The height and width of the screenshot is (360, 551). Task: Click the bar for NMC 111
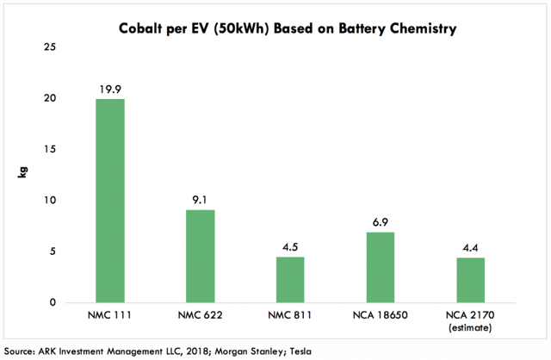(x=110, y=201)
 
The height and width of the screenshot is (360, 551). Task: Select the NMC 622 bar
(x=201, y=256)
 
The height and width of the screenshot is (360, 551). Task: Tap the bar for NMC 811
(x=290, y=279)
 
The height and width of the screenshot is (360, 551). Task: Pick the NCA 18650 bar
(x=380, y=267)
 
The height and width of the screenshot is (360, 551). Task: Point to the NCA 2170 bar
(x=469, y=280)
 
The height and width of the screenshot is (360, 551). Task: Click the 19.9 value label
(x=110, y=88)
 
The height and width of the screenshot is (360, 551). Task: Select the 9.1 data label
(x=201, y=198)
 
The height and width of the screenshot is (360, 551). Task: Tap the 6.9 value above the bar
(x=380, y=221)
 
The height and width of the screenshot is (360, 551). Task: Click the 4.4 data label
(x=469, y=246)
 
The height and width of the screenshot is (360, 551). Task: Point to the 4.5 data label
(x=290, y=245)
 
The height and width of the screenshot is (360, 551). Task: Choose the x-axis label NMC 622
(x=201, y=317)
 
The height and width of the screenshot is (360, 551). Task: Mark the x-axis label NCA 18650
(x=380, y=317)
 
